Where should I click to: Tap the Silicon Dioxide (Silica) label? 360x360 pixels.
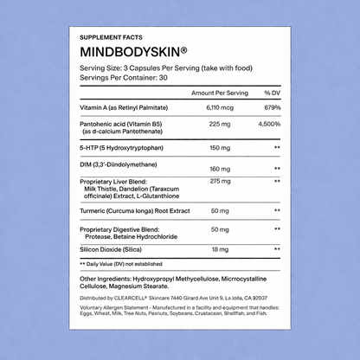(x=114, y=248)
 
